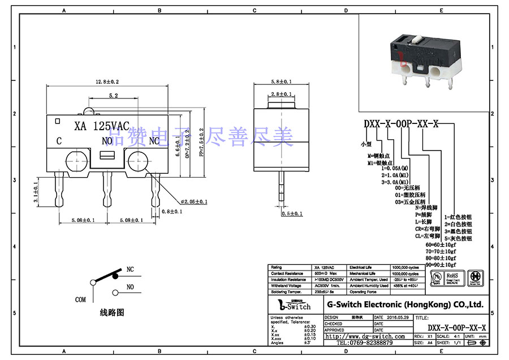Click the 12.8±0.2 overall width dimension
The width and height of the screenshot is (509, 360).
pos(107,82)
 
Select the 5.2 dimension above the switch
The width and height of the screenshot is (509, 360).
pos(113,96)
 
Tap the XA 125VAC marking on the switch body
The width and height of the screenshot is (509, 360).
pos(102,126)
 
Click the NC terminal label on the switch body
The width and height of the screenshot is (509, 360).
pos(154,141)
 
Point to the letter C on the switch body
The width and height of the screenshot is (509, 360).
pos(59,141)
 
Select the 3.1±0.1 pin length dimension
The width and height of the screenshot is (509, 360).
pos(36,192)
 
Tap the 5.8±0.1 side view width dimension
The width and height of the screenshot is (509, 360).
pos(281,82)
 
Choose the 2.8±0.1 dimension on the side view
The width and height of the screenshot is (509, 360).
pos(281,94)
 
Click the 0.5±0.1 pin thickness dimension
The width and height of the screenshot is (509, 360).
pos(292,214)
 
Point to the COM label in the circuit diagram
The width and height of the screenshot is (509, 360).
pos(81,299)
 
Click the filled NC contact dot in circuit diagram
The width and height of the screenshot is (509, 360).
pos(115,277)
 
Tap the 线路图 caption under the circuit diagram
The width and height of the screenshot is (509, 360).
pos(111,312)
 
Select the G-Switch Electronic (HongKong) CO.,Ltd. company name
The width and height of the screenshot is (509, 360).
pos(405,305)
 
